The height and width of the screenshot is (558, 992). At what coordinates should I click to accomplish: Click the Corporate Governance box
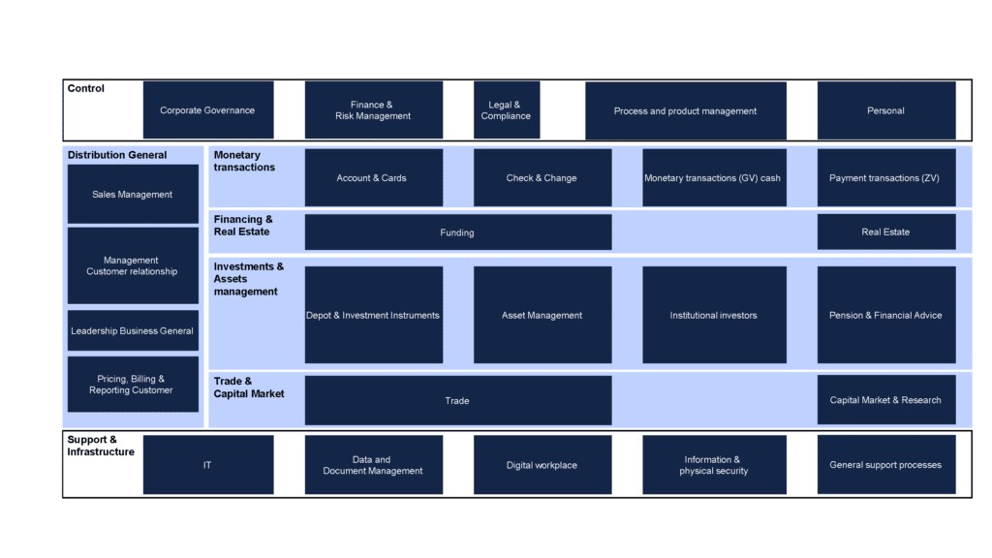(x=208, y=110)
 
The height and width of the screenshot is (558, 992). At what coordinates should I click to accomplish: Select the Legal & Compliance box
(x=507, y=110)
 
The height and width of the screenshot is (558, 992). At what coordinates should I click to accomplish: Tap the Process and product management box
(x=686, y=110)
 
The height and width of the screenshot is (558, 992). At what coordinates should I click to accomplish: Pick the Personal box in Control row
(x=886, y=110)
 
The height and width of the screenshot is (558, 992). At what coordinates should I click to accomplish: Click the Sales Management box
(x=133, y=194)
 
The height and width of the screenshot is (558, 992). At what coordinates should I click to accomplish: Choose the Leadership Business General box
(x=133, y=330)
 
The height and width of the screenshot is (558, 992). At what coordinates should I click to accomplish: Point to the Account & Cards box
(x=374, y=178)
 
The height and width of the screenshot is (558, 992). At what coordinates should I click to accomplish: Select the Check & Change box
(x=542, y=178)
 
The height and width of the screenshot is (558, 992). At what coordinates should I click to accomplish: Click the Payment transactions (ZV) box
(x=886, y=178)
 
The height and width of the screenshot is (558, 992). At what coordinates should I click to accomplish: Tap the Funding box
(x=458, y=232)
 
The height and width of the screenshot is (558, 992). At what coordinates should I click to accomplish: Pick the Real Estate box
(x=886, y=232)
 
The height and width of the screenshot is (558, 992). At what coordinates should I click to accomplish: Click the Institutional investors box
(x=714, y=315)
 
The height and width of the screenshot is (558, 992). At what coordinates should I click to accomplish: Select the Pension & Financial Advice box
(x=886, y=315)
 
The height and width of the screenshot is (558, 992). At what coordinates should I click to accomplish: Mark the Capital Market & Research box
(x=886, y=400)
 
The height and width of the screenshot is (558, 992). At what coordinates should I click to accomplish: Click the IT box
(x=208, y=464)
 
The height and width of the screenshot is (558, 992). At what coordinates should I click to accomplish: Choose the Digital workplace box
(x=542, y=464)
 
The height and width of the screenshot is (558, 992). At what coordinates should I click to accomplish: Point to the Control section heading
(x=86, y=88)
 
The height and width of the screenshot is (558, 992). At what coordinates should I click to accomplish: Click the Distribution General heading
(x=117, y=155)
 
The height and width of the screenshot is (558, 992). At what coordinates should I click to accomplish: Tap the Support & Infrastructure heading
(x=101, y=446)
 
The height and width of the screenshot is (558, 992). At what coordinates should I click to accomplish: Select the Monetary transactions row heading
(x=244, y=161)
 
